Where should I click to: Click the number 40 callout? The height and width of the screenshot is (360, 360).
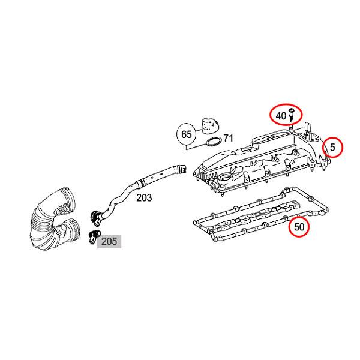pos(281,115)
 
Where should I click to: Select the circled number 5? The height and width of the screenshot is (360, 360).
pos(333,146)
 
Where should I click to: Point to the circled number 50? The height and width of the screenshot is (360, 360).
pos(299,227)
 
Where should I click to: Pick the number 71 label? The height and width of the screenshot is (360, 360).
pos(228,139)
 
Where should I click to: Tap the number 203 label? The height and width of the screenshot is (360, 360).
pos(144,197)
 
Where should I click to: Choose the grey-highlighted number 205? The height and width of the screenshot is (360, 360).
pos(109,242)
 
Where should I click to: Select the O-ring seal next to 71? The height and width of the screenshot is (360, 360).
pos(212,142)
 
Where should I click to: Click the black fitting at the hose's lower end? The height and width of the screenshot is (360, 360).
pos(96,214)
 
